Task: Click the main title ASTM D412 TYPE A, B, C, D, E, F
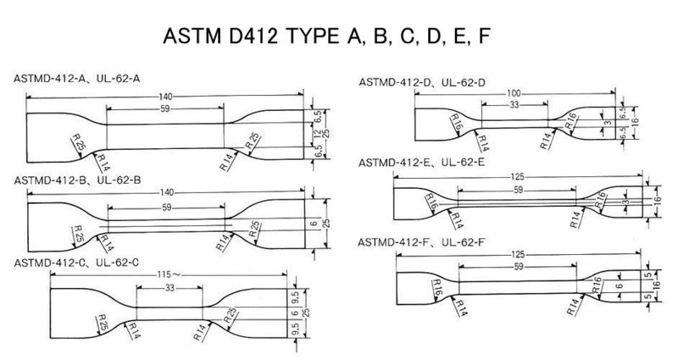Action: pyautogui.click(x=326, y=36)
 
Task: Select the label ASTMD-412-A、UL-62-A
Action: pyautogui.click(x=76, y=79)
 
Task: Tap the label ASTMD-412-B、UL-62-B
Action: pyautogui.click(x=77, y=180)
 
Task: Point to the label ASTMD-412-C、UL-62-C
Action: pyautogui.click(x=76, y=263)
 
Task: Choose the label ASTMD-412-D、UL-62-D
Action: pyautogui.click(x=422, y=82)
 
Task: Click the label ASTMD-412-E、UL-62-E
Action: pyautogui.click(x=421, y=163)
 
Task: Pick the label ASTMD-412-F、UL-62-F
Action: pyautogui.click(x=420, y=243)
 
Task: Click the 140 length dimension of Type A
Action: pyautogui.click(x=165, y=96)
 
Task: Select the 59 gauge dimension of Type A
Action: pyautogui.click(x=165, y=109)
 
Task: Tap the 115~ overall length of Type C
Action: pyautogui.click(x=169, y=274)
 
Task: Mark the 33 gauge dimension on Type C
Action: pyautogui.click(x=169, y=287)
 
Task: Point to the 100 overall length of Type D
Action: pyautogui.click(x=514, y=94)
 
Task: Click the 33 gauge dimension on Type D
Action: pyautogui.click(x=514, y=104)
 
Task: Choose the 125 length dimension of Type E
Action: pyautogui.click(x=517, y=177)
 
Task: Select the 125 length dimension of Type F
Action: pyautogui.click(x=518, y=255)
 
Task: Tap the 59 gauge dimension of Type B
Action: pyautogui.click(x=167, y=208)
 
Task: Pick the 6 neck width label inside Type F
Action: pyautogui.click(x=619, y=286)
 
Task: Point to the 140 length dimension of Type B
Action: pyautogui.click(x=167, y=193)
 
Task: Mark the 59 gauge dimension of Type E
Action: pyautogui.click(x=518, y=190)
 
